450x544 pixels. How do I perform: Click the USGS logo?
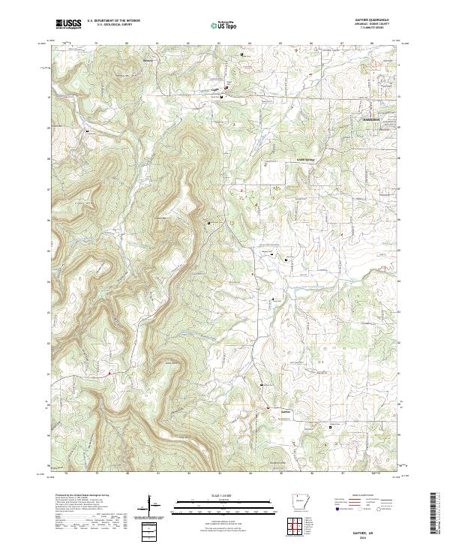tap(68, 24)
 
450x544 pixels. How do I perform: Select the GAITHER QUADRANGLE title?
tap(378, 20)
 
